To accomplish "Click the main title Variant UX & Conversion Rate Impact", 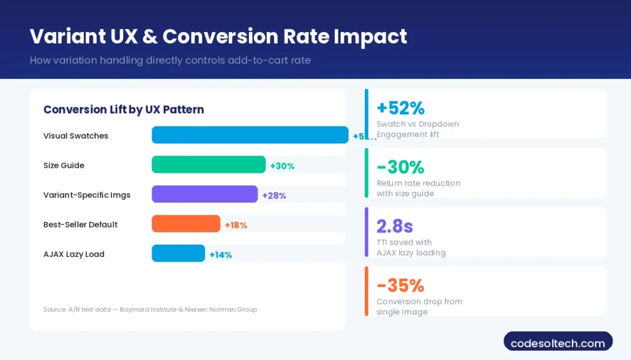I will pos(218,36).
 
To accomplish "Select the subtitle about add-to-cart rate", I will pos(169,61).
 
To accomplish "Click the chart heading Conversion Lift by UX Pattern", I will pos(123,110).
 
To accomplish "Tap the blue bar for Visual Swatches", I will pos(250,135).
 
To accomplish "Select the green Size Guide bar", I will pos(208,165).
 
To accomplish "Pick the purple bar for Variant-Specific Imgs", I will pos(205,194).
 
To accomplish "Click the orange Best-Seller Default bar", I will pos(185,224).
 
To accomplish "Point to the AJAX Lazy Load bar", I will pos(178,253).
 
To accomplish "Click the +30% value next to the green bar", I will pos(282,166).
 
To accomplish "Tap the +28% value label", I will pos(274,195).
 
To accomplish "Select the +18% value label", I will pos(236,225).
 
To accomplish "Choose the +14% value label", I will pos(221,255).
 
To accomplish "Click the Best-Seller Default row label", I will pos(80,224).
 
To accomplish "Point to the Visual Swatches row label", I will pos(75,136).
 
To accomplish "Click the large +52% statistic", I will pos(401,108).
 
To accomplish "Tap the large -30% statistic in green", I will pos(400,167).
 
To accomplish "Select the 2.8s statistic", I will pos(395,226).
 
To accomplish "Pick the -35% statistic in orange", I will pos(400,285).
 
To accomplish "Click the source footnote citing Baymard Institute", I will pos(150,309).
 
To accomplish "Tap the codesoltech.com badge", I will pos(558,343).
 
